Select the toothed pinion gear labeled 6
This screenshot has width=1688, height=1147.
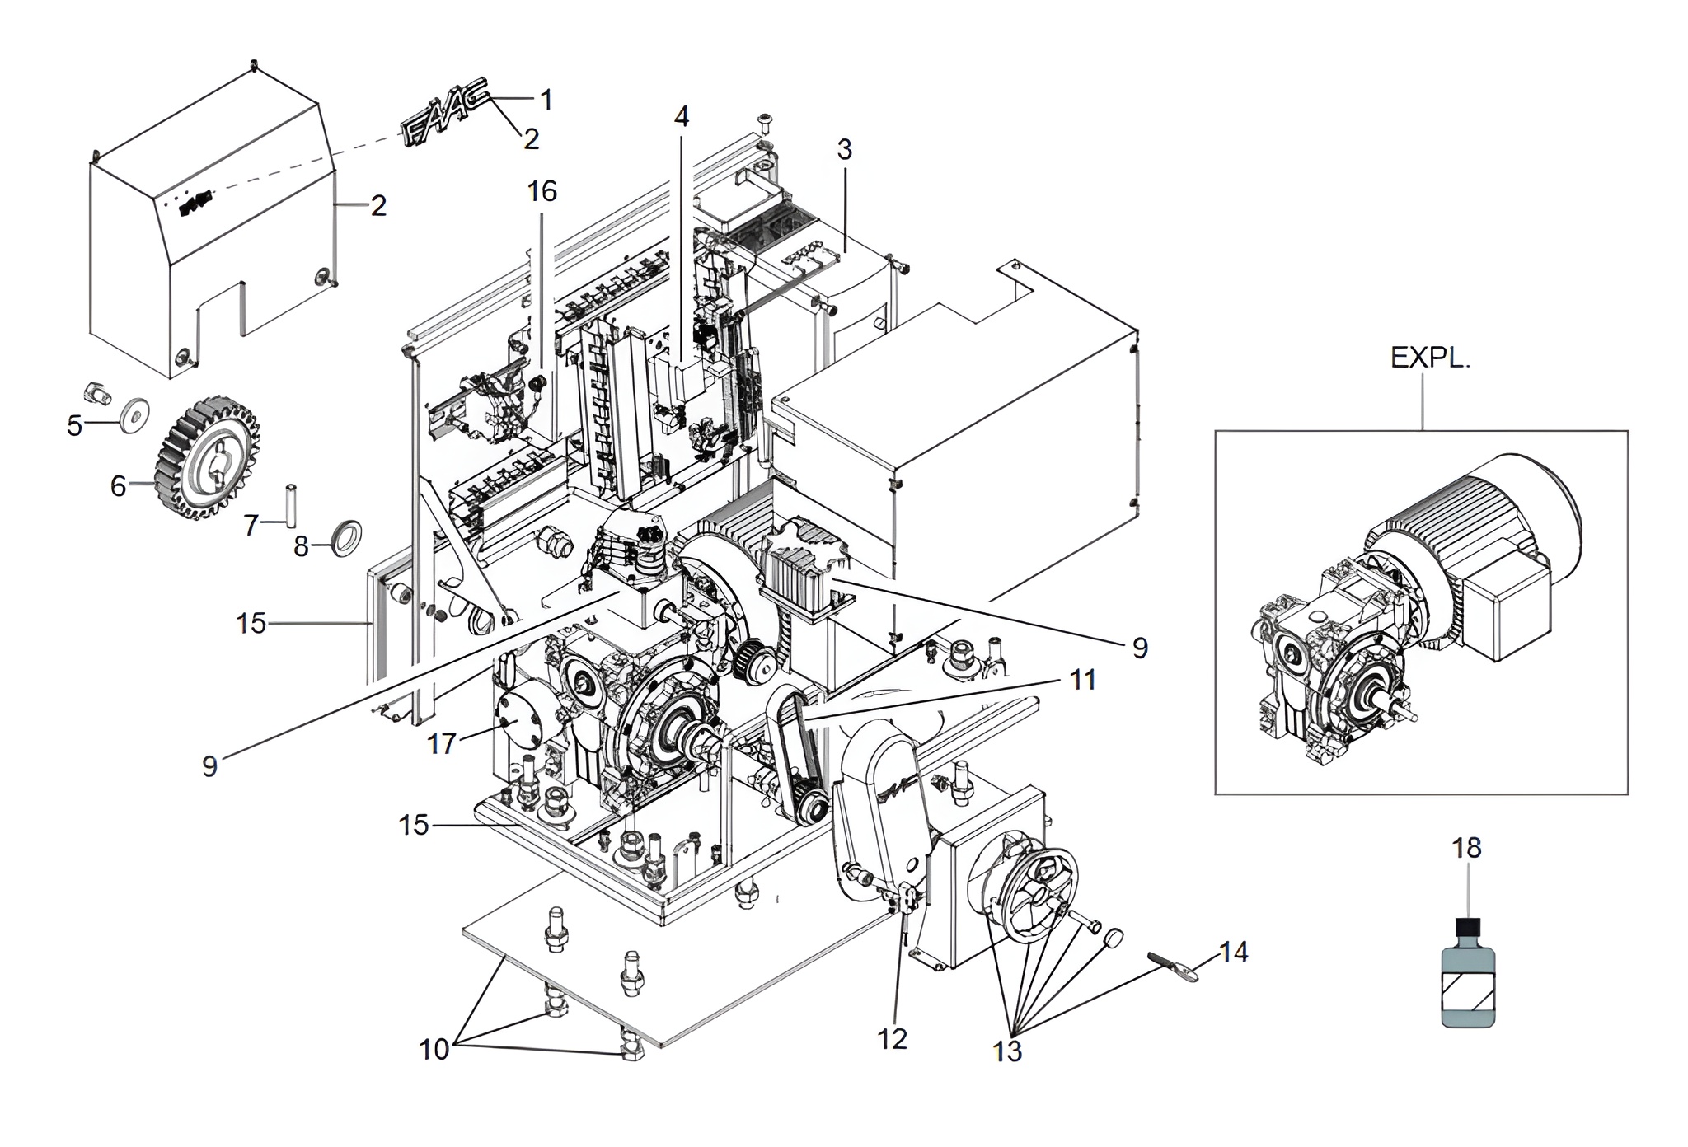tap(208, 460)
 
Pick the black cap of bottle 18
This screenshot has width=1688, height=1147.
tap(1467, 929)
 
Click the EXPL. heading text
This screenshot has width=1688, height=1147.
tap(1430, 358)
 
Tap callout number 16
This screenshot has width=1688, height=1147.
tap(542, 191)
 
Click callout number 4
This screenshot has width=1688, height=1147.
tap(681, 117)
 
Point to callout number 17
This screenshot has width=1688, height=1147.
tap(441, 743)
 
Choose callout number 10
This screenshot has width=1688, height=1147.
tap(434, 1050)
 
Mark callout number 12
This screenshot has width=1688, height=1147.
tap(893, 1038)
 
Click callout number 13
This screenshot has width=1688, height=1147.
tap(1007, 1051)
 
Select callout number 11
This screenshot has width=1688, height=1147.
tap(1082, 681)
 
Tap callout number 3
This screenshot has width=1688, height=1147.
tap(844, 150)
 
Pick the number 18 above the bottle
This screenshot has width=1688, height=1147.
tap(1467, 848)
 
